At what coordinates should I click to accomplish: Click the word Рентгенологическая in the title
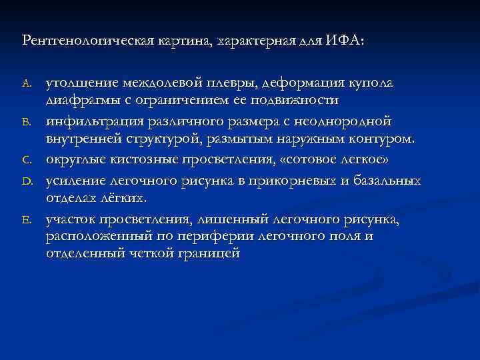80,41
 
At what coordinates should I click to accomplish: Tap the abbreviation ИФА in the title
344,41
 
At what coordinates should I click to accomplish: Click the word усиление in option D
74,180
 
